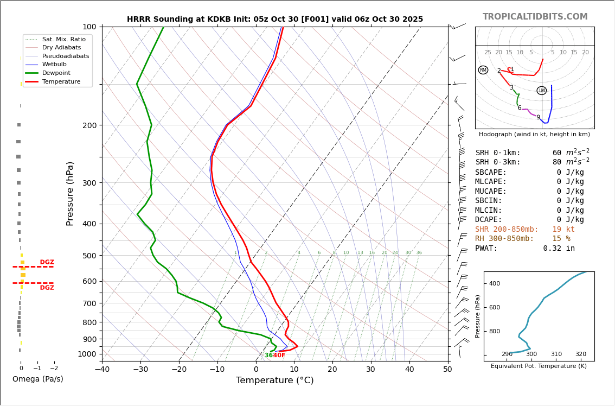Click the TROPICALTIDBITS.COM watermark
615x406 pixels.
[x=535, y=17]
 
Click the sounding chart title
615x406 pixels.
[x=275, y=19]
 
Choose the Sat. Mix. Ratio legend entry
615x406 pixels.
[x=63, y=39]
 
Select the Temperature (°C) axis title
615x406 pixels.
[x=274, y=380]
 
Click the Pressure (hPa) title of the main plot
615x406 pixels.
[x=71, y=193]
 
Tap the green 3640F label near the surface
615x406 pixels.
[x=275, y=356]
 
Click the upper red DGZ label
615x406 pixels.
[x=47, y=262]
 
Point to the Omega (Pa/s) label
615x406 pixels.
[x=38, y=379]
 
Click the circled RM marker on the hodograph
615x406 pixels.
[x=483, y=70]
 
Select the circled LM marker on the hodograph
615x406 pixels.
[x=541, y=91]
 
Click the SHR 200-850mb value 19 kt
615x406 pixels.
[x=563, y=230]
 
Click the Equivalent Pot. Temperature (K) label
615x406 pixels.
[x=539, y=366]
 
